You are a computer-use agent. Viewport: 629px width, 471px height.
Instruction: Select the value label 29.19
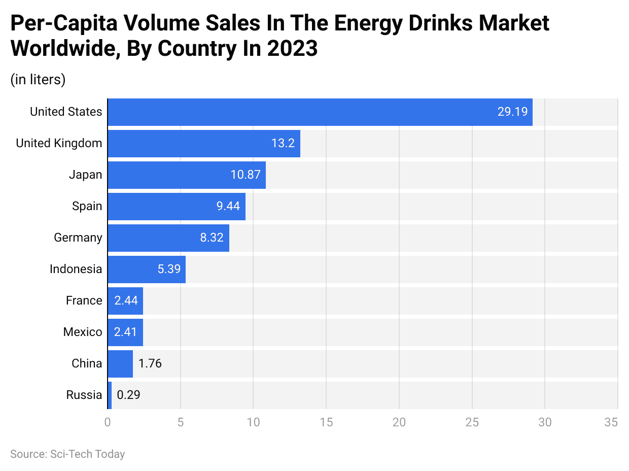click(512, 112)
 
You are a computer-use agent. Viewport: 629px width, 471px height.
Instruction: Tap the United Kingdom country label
click(59, 143)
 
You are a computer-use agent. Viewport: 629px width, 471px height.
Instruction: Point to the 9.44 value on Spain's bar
click(228, 206)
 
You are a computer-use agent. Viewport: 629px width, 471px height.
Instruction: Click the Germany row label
click(78, 238)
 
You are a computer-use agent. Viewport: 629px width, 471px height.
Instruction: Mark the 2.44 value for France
click(126, 300)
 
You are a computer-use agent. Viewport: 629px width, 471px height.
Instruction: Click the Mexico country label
click(82, 332)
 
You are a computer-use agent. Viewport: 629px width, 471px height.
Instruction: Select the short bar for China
click(120, 363)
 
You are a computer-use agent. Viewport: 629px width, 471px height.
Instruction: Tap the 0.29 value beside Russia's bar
click(128, 395)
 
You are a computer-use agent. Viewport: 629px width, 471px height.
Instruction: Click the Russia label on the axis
click(84, 395)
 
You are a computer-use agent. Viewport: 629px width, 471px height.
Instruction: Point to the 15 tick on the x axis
click(326, 422)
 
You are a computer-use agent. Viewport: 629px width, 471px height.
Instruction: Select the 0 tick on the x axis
click(108, 422)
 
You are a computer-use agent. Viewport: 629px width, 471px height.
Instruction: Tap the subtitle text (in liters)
click(38, 80)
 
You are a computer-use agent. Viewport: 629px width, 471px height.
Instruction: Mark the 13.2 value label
click(283, 143)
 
